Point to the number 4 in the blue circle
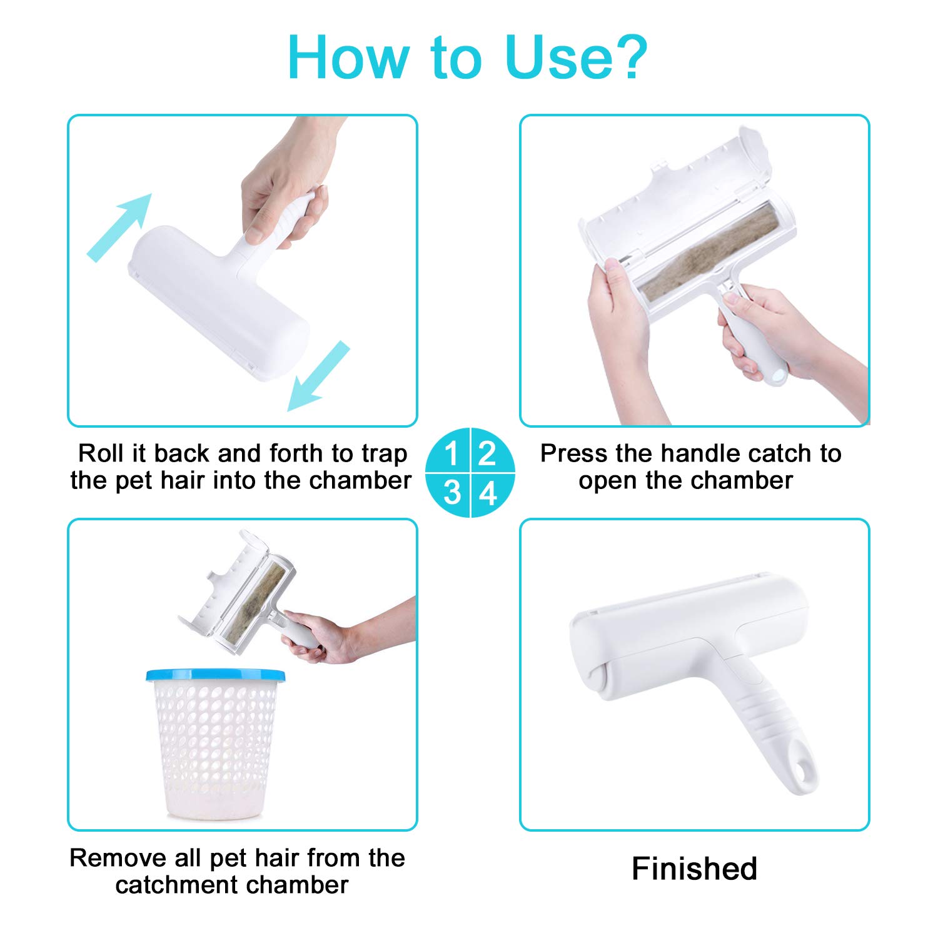pos(488,493)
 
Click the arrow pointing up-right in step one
pos(119,227)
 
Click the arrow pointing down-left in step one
pos(318,376)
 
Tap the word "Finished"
pos(694,869)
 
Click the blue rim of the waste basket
pos(215,675)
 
